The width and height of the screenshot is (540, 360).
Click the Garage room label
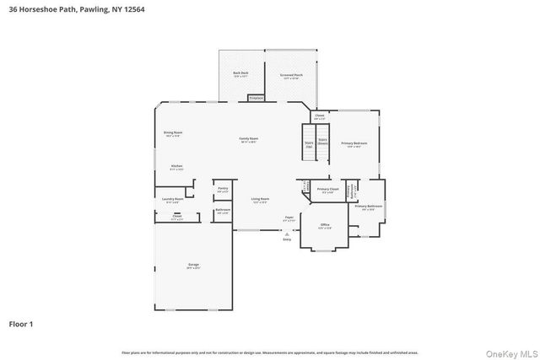(x=193, y=266)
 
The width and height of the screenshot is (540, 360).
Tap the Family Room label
(x=248, y=139)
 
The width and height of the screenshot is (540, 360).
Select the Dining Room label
(x=173, y=133)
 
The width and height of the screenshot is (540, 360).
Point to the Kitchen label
(x=176, y=167)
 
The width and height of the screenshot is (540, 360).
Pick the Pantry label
(x=223, y=189)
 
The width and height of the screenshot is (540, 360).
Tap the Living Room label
(x=259, y=200)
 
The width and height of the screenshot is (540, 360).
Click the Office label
(x=324, y=226)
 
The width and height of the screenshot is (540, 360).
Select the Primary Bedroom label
(x=354, y=144)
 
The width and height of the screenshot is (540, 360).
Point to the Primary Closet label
(x=327, y=190)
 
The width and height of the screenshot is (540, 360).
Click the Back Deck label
(x=240, y=74)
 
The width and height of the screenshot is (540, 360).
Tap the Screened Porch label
(x=291, y=76)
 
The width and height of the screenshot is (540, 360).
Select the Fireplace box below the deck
(x=256, y=98)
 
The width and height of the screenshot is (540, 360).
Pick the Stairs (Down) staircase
(x=322, y=142)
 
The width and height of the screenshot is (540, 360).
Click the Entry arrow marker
(x=285, y=235)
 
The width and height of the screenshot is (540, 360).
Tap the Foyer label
(x=289, y=218)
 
